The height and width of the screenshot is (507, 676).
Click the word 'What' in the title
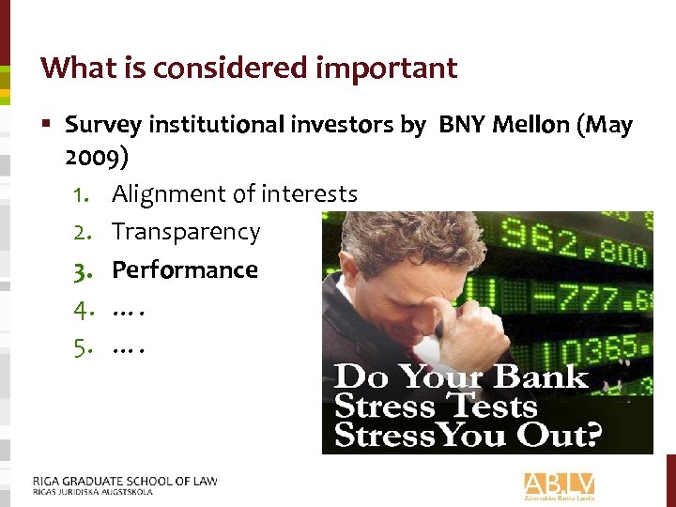click(73, 68)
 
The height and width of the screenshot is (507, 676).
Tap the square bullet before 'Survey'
click(48, 124)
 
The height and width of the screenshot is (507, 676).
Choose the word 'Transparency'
click(186, 232)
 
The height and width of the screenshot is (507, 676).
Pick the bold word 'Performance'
click(185, 270)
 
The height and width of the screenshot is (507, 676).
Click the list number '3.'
click(83, 271)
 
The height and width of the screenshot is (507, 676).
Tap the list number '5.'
click(83, 347)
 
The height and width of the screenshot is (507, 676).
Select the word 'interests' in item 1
click(309, 194)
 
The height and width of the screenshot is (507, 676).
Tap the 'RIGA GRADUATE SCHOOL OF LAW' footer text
click(125, 481)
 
